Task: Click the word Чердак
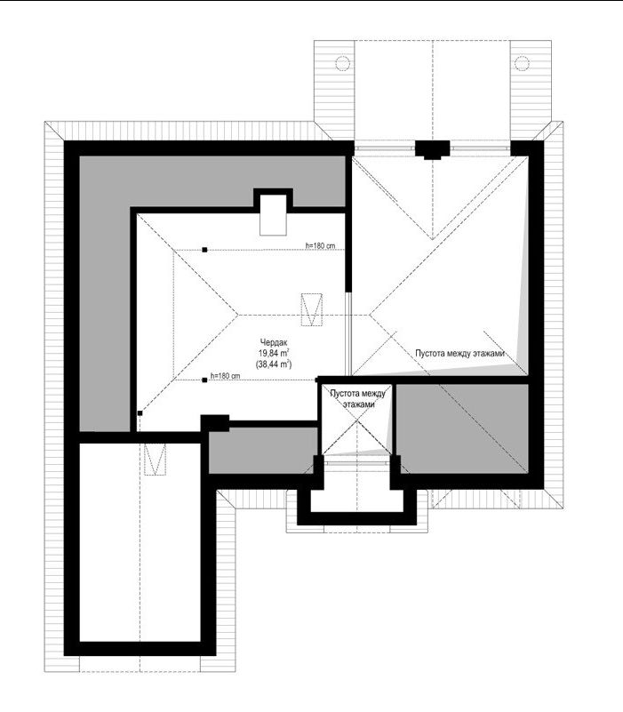tap(274, 342)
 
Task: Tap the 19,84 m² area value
tap(275, 353)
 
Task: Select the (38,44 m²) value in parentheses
tap(274, 364)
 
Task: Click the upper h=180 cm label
tap(320, 245)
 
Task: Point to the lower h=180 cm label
tap(225, 376)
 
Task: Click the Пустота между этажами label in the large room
tap(459, 353)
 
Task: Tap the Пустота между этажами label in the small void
tap(358, 399)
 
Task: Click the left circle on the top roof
tap(342, 62)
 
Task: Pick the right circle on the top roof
tap(523, 62)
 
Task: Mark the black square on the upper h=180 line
tap(204, 250)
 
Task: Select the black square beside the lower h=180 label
tap(204, 380)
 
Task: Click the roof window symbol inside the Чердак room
tap(312, 309)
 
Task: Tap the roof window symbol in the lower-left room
tap(155, 459)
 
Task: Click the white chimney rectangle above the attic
tap(273, 215)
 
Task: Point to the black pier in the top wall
tap(433, 149)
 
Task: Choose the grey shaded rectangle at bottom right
tap(462, 428)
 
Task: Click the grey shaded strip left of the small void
tap(262, 451)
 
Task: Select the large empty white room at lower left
tap(140, 542)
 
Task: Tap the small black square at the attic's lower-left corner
tap(140, 413)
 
